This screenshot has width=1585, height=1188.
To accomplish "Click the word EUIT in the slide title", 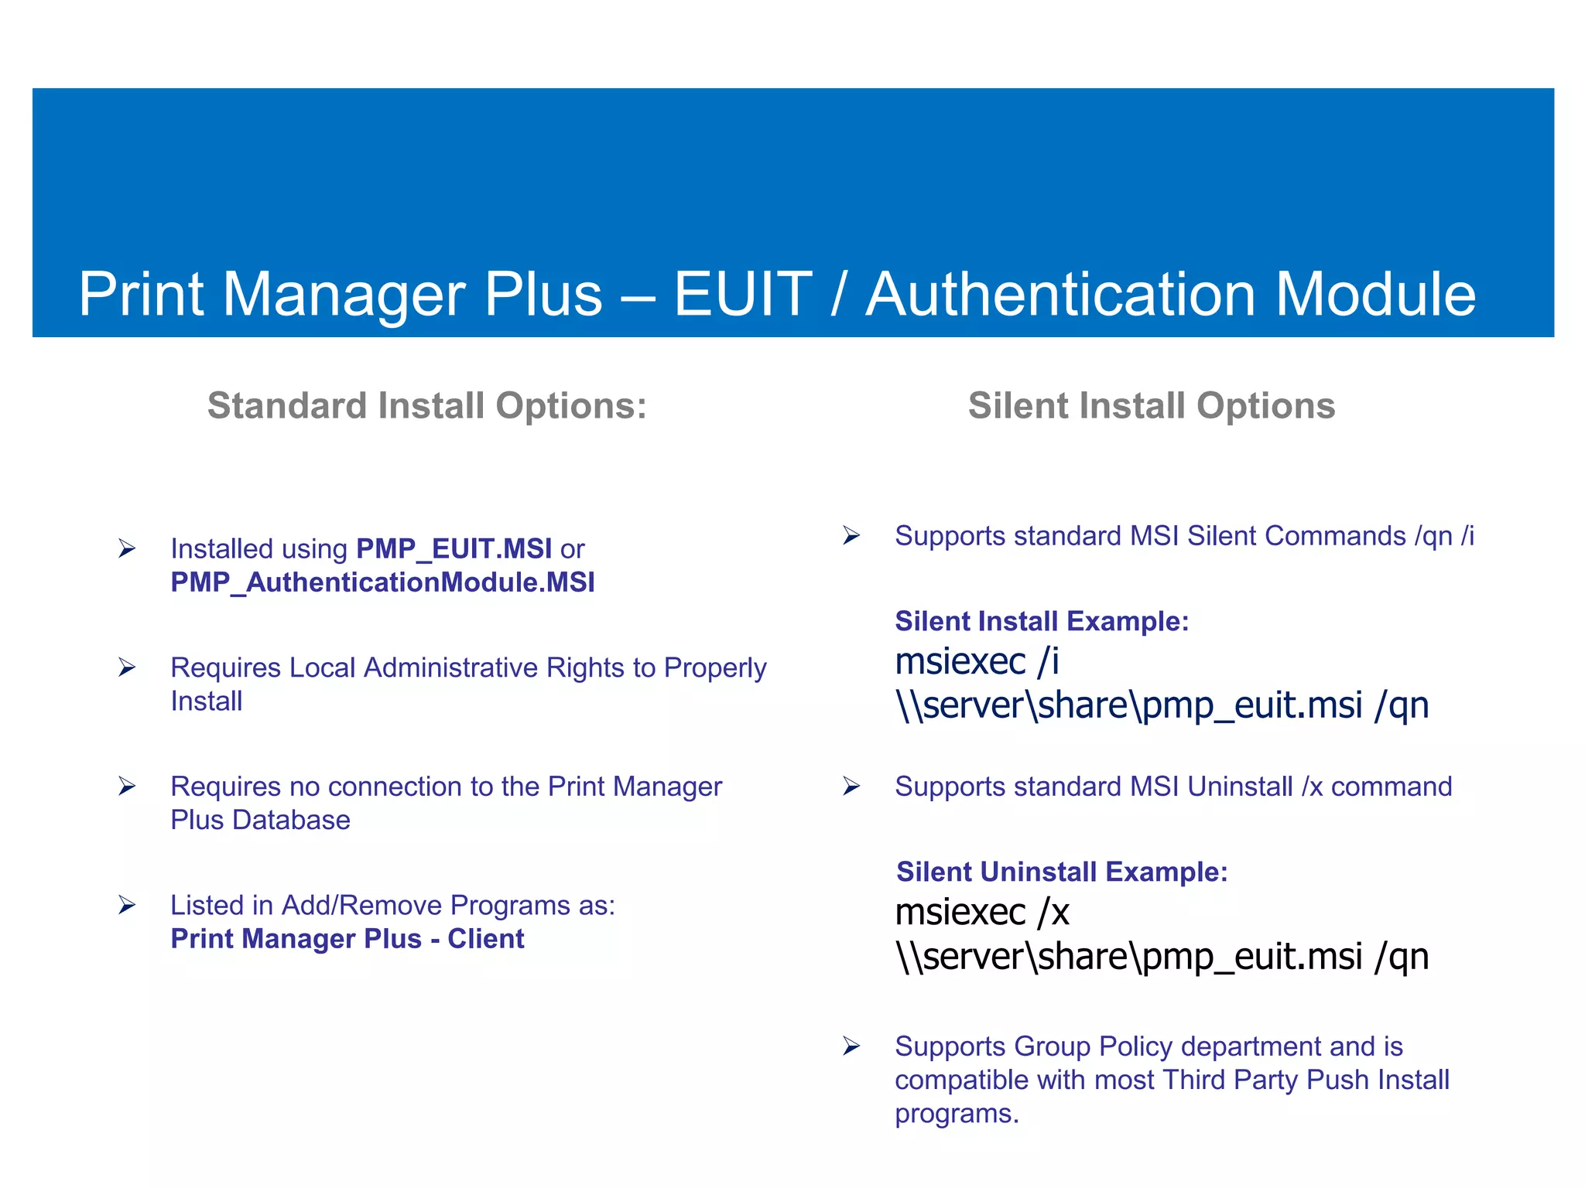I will click(x=743, y=295).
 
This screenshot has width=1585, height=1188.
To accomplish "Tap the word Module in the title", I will click(x=1375, y=295).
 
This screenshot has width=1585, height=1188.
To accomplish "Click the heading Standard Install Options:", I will click(x=426, y=406).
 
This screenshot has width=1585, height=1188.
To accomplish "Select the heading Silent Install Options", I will click(x=1152, y=406).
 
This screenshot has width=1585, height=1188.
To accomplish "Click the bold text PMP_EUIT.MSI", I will click(x=454, y=549).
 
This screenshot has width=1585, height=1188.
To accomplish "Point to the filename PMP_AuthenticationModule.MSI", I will click(x=382, y=582).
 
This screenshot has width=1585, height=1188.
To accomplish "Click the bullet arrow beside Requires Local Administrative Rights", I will click(x=127, y=667).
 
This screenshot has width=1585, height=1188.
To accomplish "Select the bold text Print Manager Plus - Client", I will click(x=347, y=939).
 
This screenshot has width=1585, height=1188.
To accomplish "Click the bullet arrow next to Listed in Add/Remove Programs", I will click(x=127, y=905).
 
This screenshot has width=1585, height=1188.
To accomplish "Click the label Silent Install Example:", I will click(x=1042, y=621).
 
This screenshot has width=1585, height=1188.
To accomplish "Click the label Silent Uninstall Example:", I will click(x=1062, y=872).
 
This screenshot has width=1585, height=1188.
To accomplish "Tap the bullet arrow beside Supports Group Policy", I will click(x=851, y=1046).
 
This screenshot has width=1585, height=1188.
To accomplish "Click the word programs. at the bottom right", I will click(x=957, y=1114).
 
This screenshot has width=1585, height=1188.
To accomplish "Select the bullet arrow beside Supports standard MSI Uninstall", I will click(x=851, y=787).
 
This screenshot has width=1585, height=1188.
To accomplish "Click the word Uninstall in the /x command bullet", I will click(x=1240, y=787).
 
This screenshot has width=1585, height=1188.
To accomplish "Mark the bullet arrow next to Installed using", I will click(x=127, y=549).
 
